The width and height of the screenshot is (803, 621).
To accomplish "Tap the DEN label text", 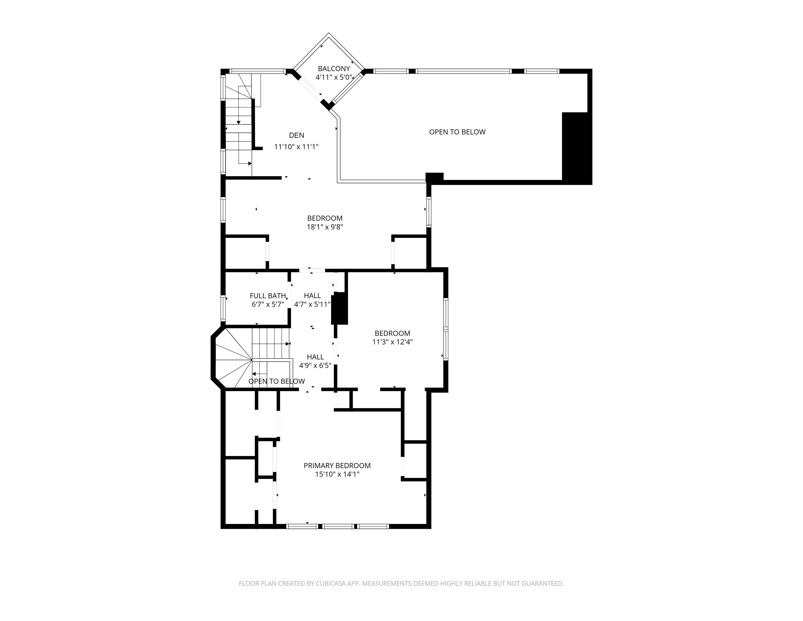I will tap(296, 135).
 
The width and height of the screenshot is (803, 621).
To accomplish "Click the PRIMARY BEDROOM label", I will tap(337, 465).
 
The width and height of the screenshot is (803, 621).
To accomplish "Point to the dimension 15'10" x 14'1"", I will tap(337, 474).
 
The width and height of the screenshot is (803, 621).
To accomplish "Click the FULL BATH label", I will tap(268, 296).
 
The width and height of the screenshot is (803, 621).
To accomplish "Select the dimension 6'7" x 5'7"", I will tap(268, 304).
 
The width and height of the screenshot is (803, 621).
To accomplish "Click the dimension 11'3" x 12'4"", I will tap(392, 342).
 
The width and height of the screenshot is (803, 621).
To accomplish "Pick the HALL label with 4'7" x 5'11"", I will tap(312, 296).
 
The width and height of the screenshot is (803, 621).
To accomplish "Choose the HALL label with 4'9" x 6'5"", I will tap(315, 357).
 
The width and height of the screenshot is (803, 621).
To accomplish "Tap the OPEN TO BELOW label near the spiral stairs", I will tap(276, 381).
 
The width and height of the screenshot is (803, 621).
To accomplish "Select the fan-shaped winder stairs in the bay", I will tap(232, 359).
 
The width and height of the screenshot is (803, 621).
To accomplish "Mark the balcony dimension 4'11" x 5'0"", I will tap(334, 78).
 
